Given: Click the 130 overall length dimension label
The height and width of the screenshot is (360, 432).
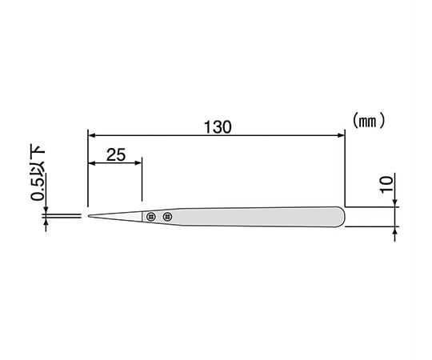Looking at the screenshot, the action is click(x=218, y=127).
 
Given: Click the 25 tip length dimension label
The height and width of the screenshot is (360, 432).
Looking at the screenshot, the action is click(x=116, y=154).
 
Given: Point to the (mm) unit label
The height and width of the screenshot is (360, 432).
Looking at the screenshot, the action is click(x=368, y=121).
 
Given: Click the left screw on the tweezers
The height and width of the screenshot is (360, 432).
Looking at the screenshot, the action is click(x=151, y=217).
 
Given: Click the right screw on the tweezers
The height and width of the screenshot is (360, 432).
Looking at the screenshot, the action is click(x=167, y=217).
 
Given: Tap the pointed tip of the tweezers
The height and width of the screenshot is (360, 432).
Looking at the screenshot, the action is click(x=89, y=216).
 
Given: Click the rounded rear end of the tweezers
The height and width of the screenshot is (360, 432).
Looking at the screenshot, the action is click(x=343, y=217).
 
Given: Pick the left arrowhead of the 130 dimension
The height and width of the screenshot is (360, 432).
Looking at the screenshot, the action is click(x=91, y=135).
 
